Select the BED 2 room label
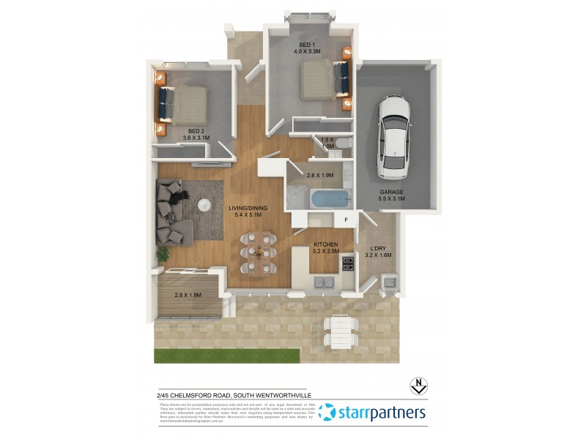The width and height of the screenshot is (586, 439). (x=196, y=134)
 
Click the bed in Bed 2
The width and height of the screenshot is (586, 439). (x=184, y=103)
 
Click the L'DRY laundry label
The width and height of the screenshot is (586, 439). (x=379, y=251)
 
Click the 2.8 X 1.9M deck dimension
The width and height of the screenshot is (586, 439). (x=188, y=295)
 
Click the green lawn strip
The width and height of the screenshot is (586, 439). (x=227, y=356)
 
